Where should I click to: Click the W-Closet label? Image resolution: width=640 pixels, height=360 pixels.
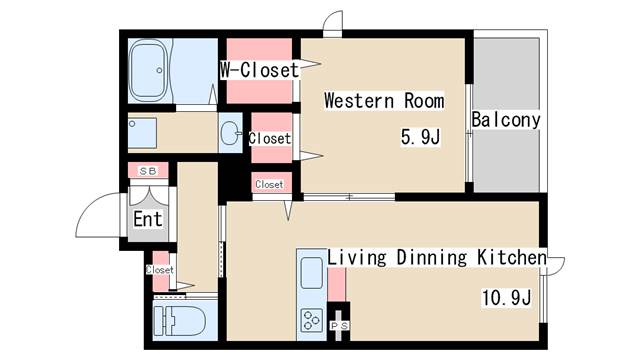(260, 70)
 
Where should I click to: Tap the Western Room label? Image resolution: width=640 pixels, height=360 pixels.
(384, 101)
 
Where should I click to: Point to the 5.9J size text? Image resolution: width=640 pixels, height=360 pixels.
(420, 137)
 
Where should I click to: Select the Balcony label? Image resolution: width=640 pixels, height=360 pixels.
(506, 120)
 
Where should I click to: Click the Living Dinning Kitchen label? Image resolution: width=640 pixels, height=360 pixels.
(437, 258)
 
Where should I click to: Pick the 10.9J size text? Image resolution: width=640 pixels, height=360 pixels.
(507, 298)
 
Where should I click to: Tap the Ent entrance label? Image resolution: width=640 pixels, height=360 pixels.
(148, 219)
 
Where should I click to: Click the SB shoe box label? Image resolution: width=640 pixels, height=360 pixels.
(148, 171)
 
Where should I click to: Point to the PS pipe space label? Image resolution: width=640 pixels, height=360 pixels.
(339, 326)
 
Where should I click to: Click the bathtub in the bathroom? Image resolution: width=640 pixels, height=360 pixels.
(148, 71)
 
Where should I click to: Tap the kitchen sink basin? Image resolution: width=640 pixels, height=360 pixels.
(311, 273)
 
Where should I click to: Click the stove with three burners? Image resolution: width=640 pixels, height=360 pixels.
(311, 320)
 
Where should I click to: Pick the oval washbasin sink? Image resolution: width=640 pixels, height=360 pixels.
(229, 133)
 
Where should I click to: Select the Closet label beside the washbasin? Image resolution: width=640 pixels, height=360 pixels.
(270, 139)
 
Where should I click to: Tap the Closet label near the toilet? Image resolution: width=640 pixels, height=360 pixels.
(160, 270)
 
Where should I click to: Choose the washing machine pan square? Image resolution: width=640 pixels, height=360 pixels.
(142, 133)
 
